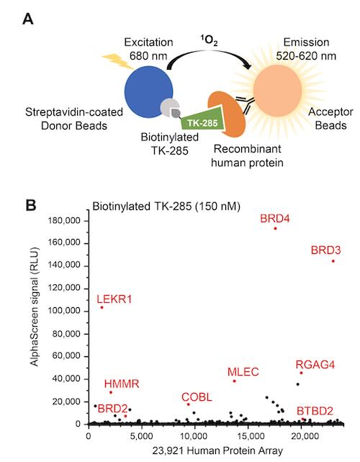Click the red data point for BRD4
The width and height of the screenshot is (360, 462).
(x=275, y=228)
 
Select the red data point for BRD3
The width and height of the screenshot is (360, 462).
(x=333, y=261)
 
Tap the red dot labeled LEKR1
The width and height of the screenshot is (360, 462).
(x=102, y=307)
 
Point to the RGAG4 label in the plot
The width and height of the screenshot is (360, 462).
(x=315, y=365)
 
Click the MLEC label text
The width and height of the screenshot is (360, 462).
(x=243, y=372)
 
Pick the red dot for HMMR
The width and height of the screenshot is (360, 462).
(x=111, y=392)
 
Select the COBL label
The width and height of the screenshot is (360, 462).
(x=197, y=397)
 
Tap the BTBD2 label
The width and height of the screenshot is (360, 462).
(x=315, y=411)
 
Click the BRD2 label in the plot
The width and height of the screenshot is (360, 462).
(x=112, y=409)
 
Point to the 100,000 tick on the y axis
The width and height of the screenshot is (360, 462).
(x=64, y=311)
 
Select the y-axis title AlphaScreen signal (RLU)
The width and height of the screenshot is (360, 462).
(x=35, y=307)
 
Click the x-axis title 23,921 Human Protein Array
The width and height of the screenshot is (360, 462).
(x=217, y=450)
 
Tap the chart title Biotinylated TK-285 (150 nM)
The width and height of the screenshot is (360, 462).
(x=166, y=207)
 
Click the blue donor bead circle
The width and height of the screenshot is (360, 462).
(x=148, y=91)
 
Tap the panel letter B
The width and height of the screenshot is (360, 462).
(x=31, y=205)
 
